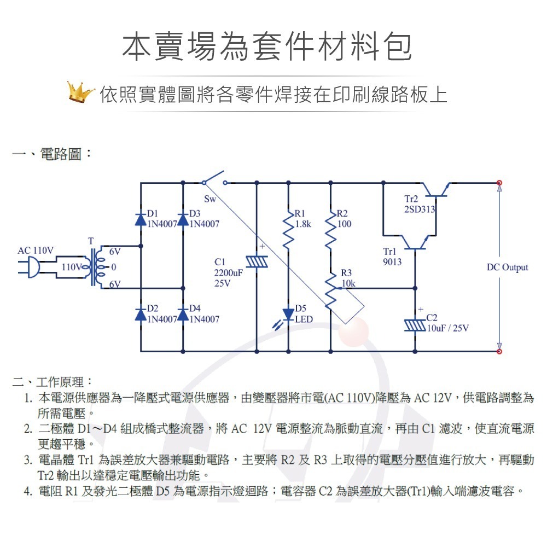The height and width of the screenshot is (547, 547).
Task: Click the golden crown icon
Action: (81, 92)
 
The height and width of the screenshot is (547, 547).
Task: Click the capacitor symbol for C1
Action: (255, 262)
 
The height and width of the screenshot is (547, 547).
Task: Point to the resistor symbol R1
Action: (288, 232)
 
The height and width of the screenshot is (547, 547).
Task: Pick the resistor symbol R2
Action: (330, 232)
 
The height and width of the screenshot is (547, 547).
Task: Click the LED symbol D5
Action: (288, 315)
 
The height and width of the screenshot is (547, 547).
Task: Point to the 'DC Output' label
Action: (507, 267)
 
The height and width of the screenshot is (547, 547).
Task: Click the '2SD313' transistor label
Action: (420, 209)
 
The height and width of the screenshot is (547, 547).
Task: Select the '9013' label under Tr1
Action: (392, 262)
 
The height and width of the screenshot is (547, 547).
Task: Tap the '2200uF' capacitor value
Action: (228, 272)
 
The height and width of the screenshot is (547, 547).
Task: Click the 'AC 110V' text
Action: (36, 251)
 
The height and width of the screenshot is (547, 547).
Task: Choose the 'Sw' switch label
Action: (210, 199)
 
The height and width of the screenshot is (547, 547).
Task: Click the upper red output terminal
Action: (499, 183)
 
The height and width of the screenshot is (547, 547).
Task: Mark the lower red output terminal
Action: (499, 351)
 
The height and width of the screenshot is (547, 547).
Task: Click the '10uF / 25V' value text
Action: (447, 328)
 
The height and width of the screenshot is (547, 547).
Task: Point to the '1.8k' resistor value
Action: (303, 224)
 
